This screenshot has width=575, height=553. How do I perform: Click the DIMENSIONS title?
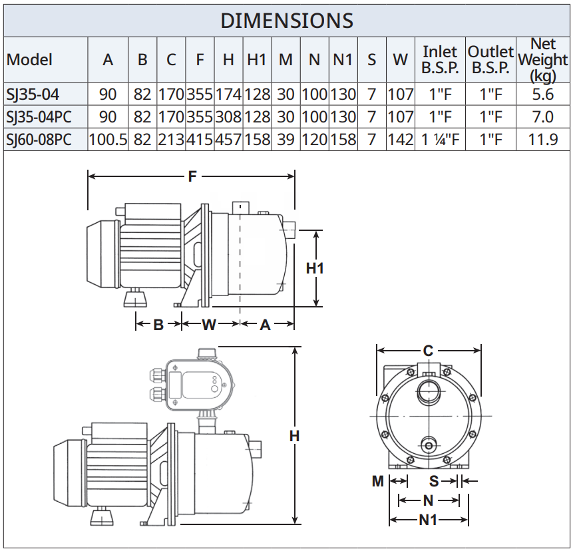[x=287, y=21]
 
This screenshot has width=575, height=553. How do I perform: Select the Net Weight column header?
[x=543, y=60]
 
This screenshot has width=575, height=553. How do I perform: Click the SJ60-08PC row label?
[x=39, y=140]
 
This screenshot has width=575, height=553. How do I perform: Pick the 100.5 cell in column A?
[x=108, y=140]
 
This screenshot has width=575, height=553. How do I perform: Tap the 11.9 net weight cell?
[x=543, y=140]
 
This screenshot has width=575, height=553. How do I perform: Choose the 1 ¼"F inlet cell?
[x=440, y=140]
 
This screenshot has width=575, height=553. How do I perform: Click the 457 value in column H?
[x=228, y=140]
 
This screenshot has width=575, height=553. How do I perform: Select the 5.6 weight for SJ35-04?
[x=543, y=94]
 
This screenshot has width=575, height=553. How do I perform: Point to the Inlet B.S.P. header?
[x=440, y=60]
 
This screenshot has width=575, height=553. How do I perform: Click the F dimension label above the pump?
[x=192, y=177]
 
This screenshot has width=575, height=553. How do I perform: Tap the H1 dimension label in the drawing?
[x=315, y=268]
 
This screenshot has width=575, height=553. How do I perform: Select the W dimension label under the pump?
[x=209, y=325]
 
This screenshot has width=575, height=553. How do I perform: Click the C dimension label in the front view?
[x=428, y=351]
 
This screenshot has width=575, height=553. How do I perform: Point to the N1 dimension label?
[x=428, y=520]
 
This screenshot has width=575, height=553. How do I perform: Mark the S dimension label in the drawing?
[x=434, y=481]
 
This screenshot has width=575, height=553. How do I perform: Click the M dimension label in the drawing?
[x=378, y=481]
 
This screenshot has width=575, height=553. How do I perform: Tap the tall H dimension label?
[x=294, y=436]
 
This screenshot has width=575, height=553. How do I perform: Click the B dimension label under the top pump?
[x=158, y=325]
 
